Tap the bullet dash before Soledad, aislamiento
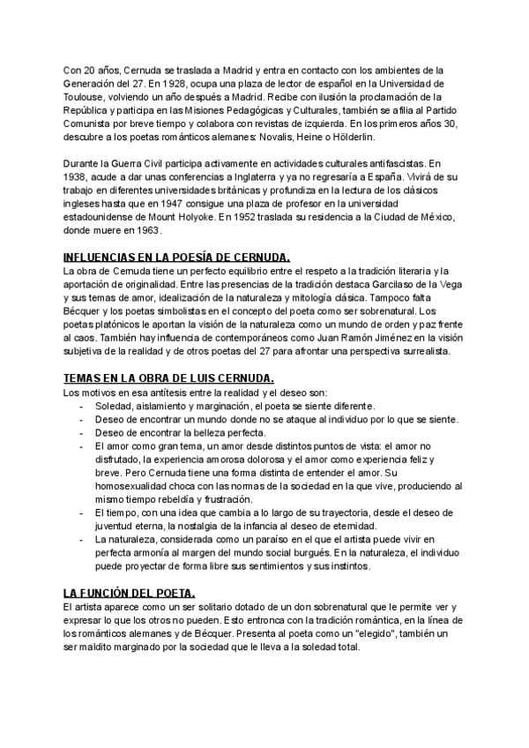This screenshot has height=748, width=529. click(x=82, y=405)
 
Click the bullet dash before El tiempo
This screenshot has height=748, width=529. click(x=82, y=512)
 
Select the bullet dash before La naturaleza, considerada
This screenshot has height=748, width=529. click(x=82, y=539)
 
